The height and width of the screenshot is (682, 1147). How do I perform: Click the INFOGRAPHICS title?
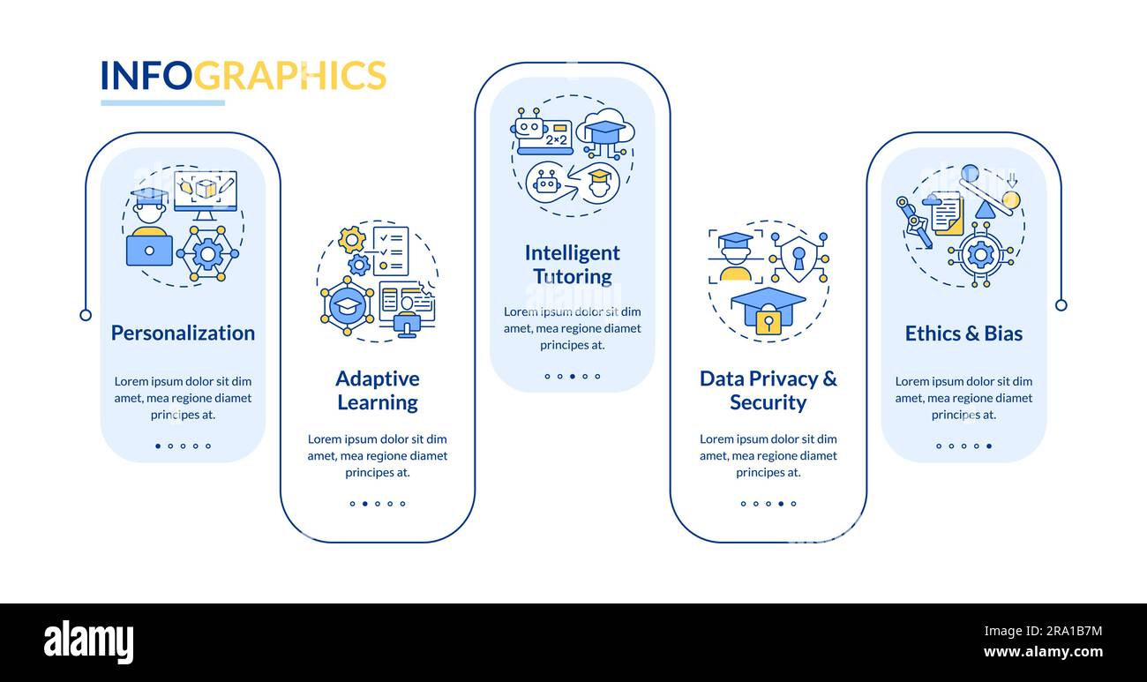coord(243,76)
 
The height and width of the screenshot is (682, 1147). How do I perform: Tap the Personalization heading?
coord(183,333)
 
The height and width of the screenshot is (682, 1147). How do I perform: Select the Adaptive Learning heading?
coord(377,390)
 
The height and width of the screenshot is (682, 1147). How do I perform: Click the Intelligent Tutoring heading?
coord(572,264)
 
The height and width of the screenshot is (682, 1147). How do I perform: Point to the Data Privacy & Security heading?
coord(768,390)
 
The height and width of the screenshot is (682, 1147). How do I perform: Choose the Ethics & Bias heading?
coord(963,333)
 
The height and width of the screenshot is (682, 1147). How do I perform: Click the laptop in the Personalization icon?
coord(149,249)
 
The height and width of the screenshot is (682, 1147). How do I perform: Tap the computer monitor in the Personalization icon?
coord(205,191)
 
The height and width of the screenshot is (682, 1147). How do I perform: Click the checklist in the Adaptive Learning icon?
coord(391,251)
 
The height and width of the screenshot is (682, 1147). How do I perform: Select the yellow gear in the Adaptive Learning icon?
coord(351,238)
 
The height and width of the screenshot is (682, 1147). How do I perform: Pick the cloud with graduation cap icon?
coord(604,131)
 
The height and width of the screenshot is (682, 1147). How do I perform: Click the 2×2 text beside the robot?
coord(557,139)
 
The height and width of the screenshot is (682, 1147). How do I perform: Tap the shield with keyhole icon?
coord(798,259)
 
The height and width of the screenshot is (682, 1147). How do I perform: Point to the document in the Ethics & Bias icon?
coord(947,214)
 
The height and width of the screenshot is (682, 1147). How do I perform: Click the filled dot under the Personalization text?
coord(158,446)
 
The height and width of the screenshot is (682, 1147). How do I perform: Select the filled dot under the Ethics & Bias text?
coord(988,446)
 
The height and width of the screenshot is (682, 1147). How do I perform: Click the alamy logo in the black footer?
coord(88,641)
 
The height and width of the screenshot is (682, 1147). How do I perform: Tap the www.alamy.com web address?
coord(1043,653)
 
